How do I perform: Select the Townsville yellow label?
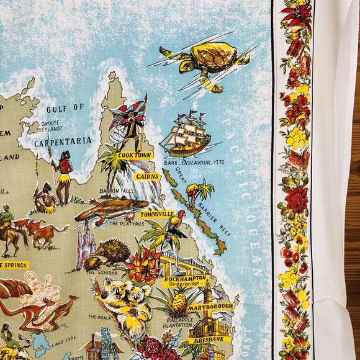click(x=156, y=215)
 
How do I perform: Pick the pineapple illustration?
click(x=179, y=304)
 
